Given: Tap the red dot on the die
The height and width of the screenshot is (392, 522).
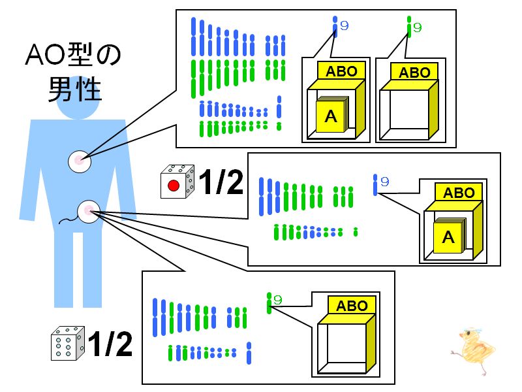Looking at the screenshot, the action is pyautogui.click(x=174, y=186).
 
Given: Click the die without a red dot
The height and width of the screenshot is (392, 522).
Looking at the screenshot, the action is pyautogui.click(x=68, y=344).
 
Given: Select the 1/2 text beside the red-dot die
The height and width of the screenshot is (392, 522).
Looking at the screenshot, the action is pyautogui.click(x=221, y=181).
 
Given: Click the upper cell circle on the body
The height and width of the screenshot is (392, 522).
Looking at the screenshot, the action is pyautogui.click(x=79, y=161).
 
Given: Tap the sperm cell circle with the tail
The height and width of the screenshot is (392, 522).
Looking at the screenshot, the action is pyautogui.click(x=89, y=211).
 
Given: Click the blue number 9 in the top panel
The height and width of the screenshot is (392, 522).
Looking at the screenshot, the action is pyautogui.click(x=345, y=25).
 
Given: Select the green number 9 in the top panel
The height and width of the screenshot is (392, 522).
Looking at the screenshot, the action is pyautogui.click(x=418, y=27).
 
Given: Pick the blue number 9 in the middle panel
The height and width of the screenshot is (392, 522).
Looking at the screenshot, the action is pyautogui.click(x=385, y=182).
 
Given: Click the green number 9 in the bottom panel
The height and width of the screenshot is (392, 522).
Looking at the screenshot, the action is pyautogui.click(x=277, y=300).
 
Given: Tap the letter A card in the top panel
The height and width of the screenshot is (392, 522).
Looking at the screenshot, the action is pyautogui.click(x=331, y=115).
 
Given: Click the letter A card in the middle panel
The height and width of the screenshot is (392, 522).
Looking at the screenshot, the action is pyautogui.click(x=449, y=235).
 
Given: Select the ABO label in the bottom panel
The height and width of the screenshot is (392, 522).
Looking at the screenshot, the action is pyautogui.click(x=352, y=306).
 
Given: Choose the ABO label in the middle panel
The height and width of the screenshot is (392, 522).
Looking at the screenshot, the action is pyautogui.click(x=459, y=193).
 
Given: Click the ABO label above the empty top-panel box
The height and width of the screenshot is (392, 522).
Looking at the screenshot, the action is pyautogui.click(x=414, y=73).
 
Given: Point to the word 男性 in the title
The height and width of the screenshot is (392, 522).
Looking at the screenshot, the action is pyautogui.click(x=74, y=89).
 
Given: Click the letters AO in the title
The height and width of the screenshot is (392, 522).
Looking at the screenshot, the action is pyautogui.click(x=46, y=55).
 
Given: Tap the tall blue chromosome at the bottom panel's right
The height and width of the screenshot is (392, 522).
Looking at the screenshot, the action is pyautogui.click(x=249, y=353).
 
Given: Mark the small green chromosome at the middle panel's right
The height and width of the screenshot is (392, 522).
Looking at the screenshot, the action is pyautogui.click(x=356, y=232).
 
